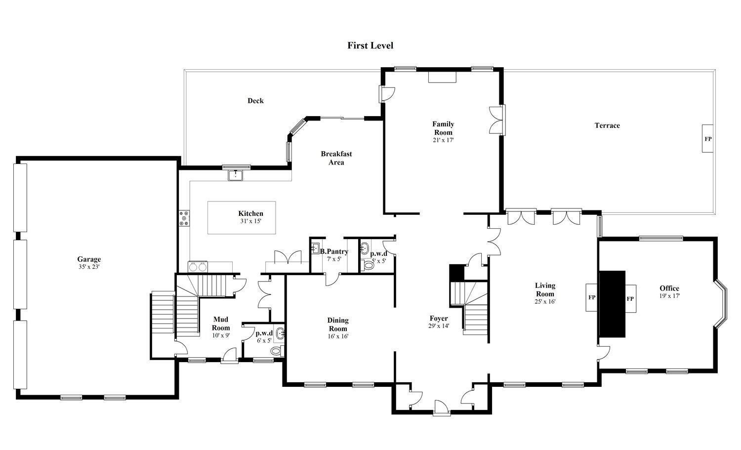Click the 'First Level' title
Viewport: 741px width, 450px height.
point(370,45)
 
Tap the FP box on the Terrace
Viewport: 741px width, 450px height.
point(708,139)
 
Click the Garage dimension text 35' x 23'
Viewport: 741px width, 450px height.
point(89,267)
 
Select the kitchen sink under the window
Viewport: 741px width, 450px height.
point(236,175)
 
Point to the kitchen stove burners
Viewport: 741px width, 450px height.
point(184,218)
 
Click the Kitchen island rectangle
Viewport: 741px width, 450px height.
point(241,217)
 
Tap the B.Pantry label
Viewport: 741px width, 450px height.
point(334,251)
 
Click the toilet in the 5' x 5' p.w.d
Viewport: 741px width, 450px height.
point(368,265)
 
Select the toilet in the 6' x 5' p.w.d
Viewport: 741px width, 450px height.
point(276,351)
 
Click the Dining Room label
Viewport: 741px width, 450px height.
point(338,325)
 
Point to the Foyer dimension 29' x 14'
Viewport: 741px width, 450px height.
point(439,326)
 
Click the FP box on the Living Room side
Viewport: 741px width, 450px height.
point(592,297)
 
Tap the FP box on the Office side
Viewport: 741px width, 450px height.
point(630,298)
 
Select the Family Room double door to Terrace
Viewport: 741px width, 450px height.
point(496,120)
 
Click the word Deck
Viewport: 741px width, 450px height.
point(255,101)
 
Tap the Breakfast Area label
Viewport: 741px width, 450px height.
point(336,158)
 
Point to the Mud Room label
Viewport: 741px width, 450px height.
point(221,324)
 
